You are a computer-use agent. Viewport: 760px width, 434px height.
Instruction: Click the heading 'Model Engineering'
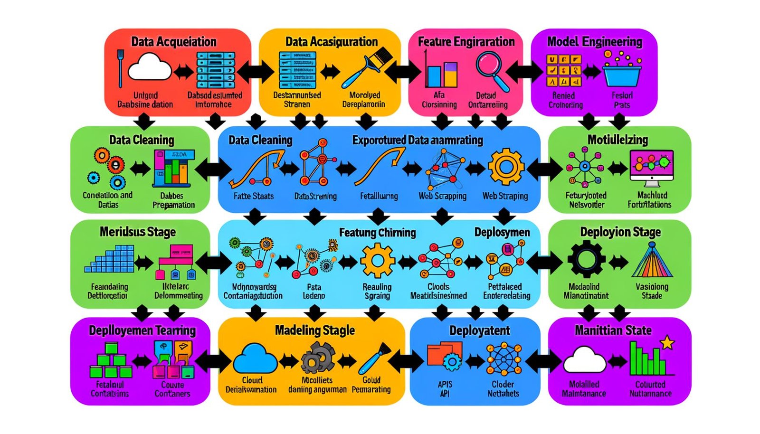point(594,42)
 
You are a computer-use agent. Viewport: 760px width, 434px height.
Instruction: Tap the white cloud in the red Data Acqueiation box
point(150,67)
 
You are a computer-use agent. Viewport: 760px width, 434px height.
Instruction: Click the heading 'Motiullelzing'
point(617,140)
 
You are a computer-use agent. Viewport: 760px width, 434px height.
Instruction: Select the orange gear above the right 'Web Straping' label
point(506,167)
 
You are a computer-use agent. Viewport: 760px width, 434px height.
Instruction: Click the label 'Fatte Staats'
point(254,196)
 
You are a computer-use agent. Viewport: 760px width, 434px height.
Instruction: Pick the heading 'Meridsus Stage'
point(138,232)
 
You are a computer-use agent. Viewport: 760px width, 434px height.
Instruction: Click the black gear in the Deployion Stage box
point(586,259)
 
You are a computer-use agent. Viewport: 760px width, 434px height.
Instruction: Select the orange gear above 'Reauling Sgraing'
point(377,260)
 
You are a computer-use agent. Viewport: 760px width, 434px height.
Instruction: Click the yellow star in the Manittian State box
point(668,342)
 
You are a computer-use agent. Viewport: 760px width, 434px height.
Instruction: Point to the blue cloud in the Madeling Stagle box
point(256,359)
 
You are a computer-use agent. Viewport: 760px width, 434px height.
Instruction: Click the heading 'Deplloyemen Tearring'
point(142,330)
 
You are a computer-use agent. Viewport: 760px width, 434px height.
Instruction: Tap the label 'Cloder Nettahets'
point(503,388)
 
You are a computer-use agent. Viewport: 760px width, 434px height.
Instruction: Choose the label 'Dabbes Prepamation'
point(173,200)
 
